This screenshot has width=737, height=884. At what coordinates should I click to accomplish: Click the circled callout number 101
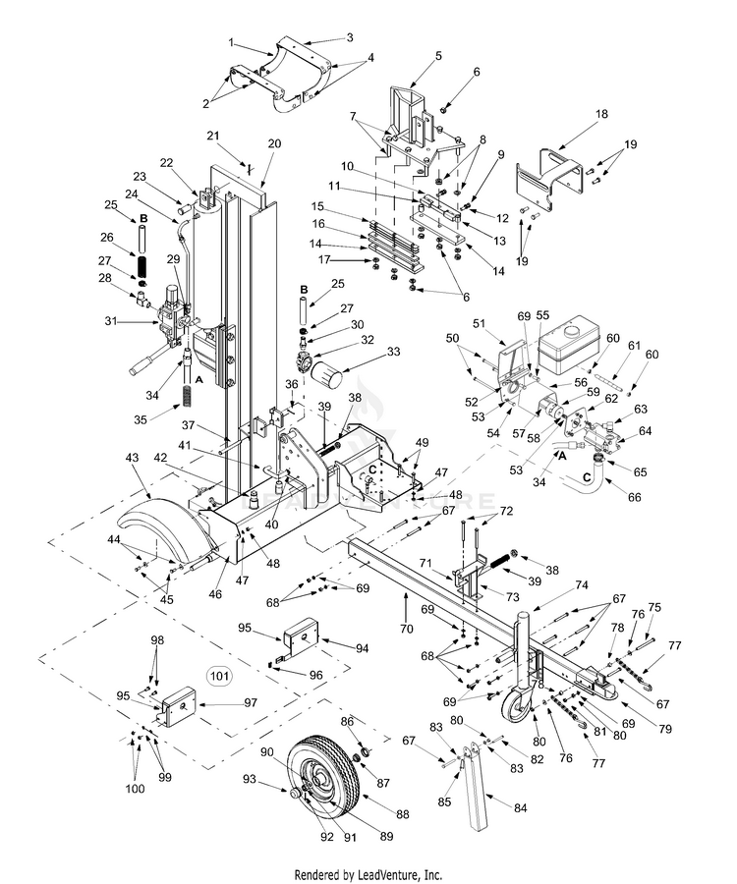pyautogui.click(x=218, y=675)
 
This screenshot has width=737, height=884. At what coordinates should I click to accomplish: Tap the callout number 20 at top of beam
pyautogui.click(x=274, y=143)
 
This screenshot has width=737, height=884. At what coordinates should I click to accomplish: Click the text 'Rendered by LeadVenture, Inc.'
pyautogui.click(x=368, y=873)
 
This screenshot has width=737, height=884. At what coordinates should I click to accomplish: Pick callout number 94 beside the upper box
pyautogui.click(x=334, y=647)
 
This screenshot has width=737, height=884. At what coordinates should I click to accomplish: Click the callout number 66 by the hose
pyautogui.click(x=635, y=498)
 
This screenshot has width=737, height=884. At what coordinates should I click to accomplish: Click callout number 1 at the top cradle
pyautogui.click(x=231, y=43)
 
